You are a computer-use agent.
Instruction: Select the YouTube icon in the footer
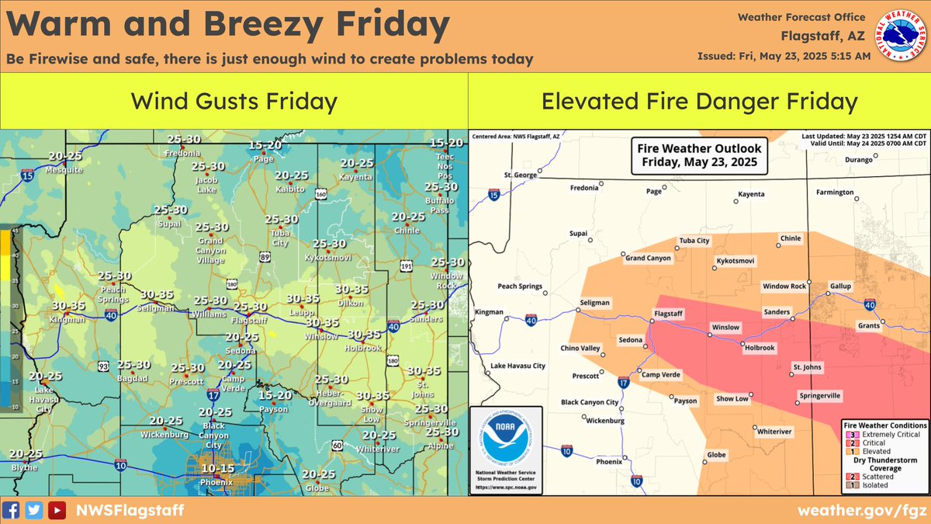57,510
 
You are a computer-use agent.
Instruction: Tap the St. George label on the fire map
520,175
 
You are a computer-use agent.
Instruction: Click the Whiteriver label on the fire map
774,431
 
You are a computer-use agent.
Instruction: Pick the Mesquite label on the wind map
64,169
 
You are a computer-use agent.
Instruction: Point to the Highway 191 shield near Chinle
407,245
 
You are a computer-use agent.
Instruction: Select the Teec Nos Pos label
445,165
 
